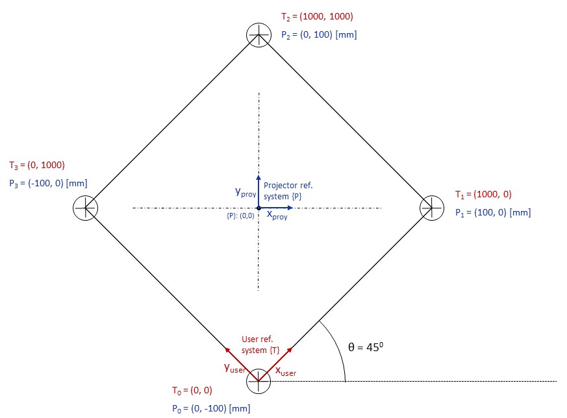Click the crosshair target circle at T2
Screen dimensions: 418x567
[258, 34]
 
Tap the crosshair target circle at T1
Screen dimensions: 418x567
[432, 208]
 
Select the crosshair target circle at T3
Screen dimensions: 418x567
[85, 208]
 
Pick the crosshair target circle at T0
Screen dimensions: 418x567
[258, 381]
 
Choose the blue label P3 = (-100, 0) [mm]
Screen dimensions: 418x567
[48, 184]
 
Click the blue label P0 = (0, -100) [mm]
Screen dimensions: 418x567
[210, 409]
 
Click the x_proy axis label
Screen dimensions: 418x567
[277, 216]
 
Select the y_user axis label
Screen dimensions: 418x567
[234, 368]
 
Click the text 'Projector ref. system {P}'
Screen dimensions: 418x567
[288, 191]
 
